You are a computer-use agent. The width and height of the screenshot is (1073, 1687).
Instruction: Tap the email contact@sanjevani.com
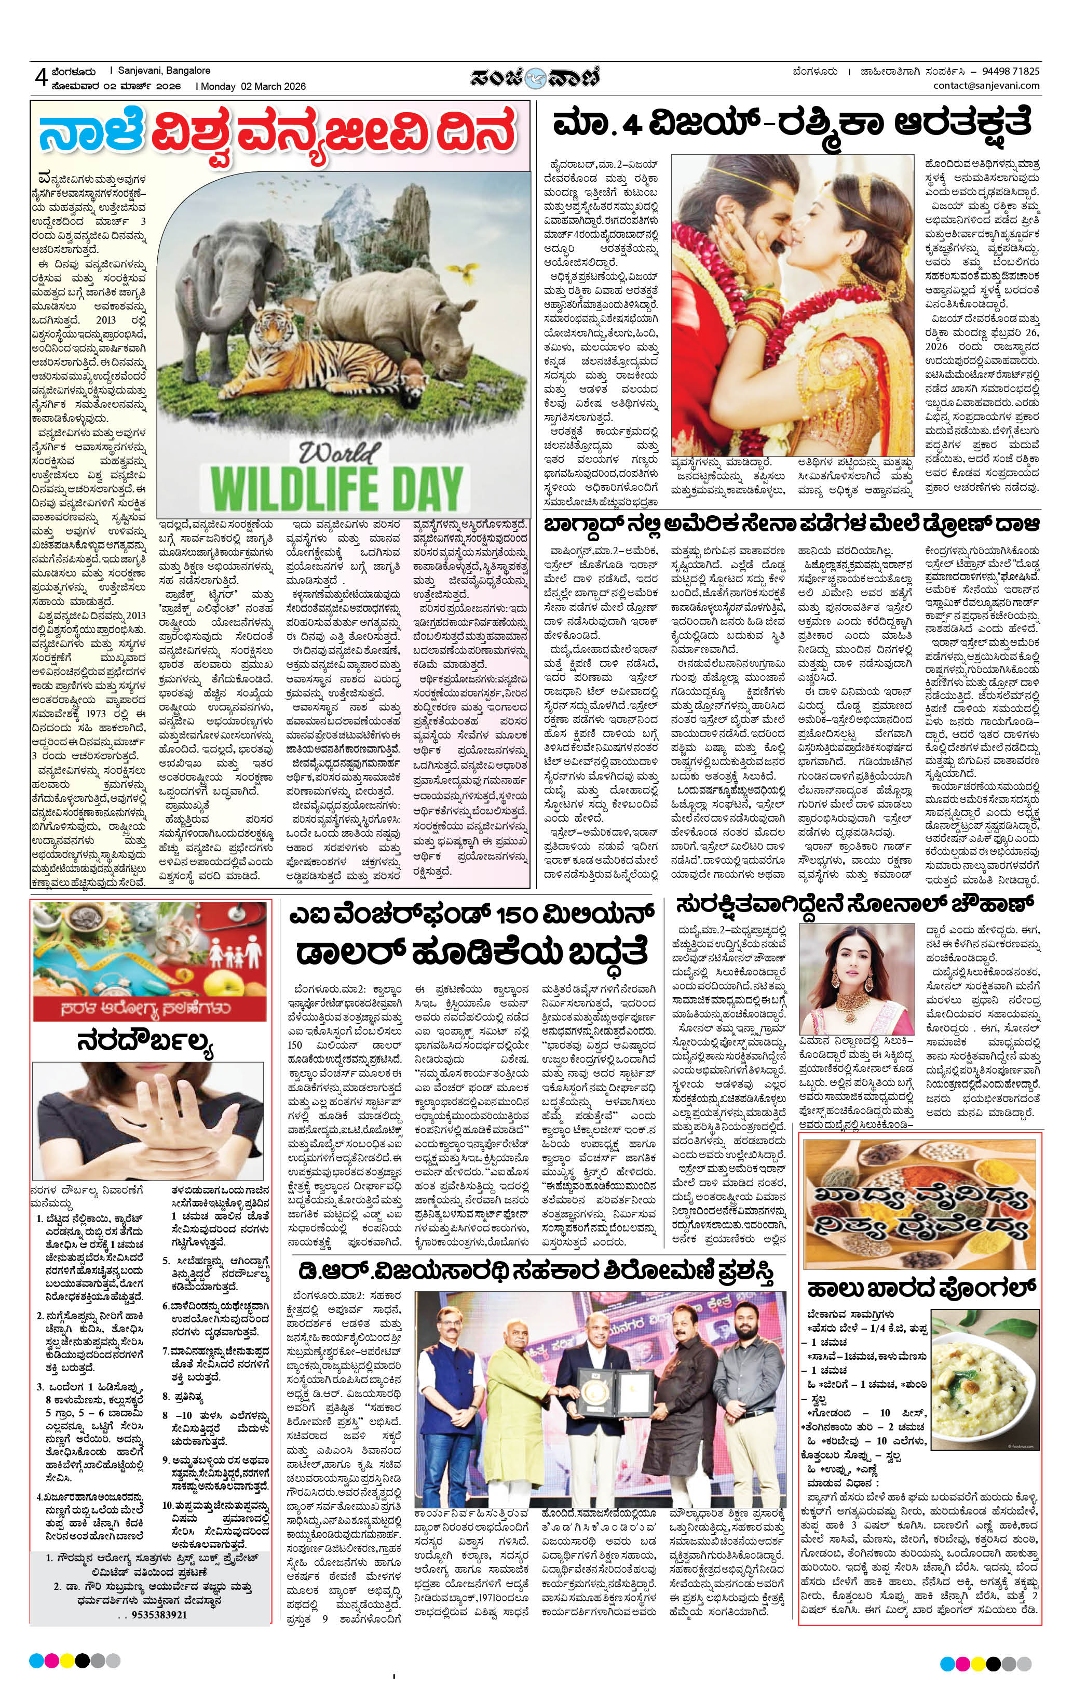point(986,86)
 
